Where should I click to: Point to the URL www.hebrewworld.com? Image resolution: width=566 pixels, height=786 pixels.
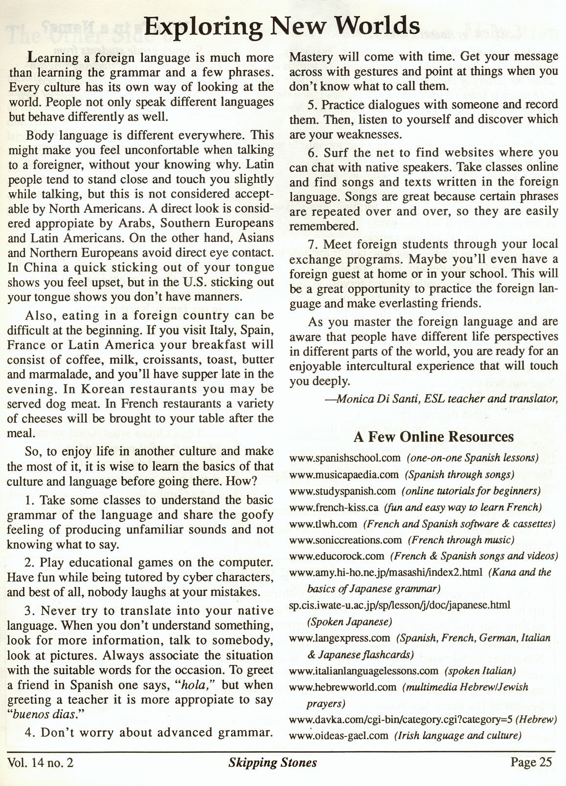(342, 687)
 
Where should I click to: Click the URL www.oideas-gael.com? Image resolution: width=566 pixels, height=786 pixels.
(339, 735)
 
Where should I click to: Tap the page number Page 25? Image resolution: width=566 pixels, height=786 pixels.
(531, 762)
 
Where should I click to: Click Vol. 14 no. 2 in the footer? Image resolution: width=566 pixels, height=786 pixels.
(41, 763)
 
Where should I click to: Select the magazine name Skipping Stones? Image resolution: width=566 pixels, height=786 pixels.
(272, 762)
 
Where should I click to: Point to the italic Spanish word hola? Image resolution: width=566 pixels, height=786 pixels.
(192, 685)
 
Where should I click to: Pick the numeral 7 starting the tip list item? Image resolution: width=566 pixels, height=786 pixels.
(312, 244)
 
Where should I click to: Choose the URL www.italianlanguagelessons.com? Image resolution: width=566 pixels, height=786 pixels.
(363, 671)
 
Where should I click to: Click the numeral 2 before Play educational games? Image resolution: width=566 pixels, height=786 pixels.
(28, 562)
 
